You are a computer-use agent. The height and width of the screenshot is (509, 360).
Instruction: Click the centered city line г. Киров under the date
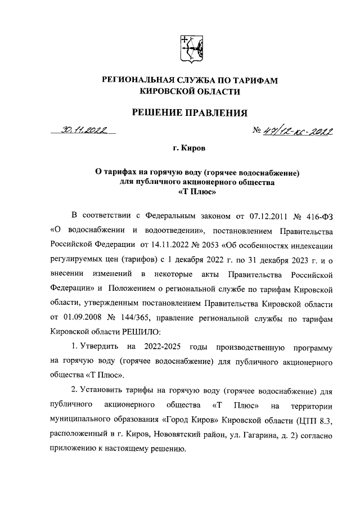[x=189, y=150]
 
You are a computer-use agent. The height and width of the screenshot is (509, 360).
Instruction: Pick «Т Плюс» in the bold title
[x=189, y=192]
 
